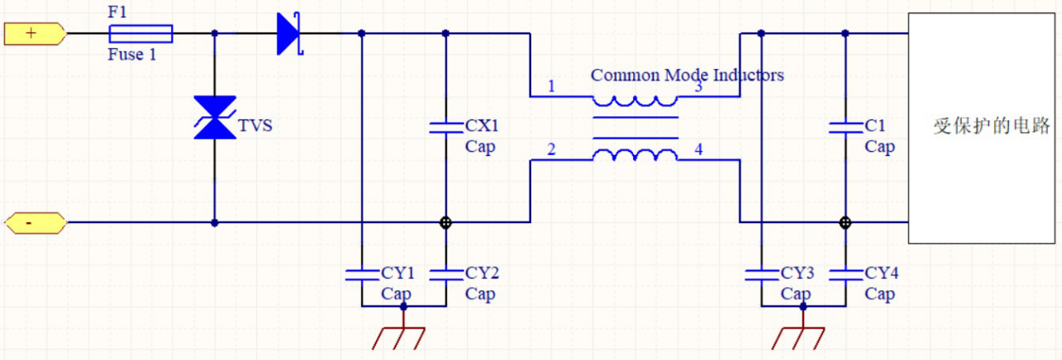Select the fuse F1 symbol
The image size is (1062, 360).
coord(141,34)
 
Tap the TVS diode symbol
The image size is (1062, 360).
coord(214,117)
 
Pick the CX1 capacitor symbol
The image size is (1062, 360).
coord(446,127)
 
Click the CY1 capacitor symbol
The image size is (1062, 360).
coord(362,274)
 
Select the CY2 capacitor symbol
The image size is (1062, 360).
coord(446,274)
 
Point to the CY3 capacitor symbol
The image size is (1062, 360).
coord(761,274)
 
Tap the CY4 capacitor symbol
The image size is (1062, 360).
coord(845,274)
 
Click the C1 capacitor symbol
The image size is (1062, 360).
coord(845,127)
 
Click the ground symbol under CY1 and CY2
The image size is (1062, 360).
coord(403,331)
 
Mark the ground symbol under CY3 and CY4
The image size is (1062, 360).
coord(802,331)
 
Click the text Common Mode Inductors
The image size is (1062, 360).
coord(687,75)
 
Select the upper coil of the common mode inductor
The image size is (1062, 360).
coord(635,101)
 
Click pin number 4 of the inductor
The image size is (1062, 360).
coord(698,150)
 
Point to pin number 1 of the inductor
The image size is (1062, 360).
coord(552,86)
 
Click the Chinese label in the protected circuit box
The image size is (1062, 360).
coord(991,127)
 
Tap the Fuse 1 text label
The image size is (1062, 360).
coord(132,55)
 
